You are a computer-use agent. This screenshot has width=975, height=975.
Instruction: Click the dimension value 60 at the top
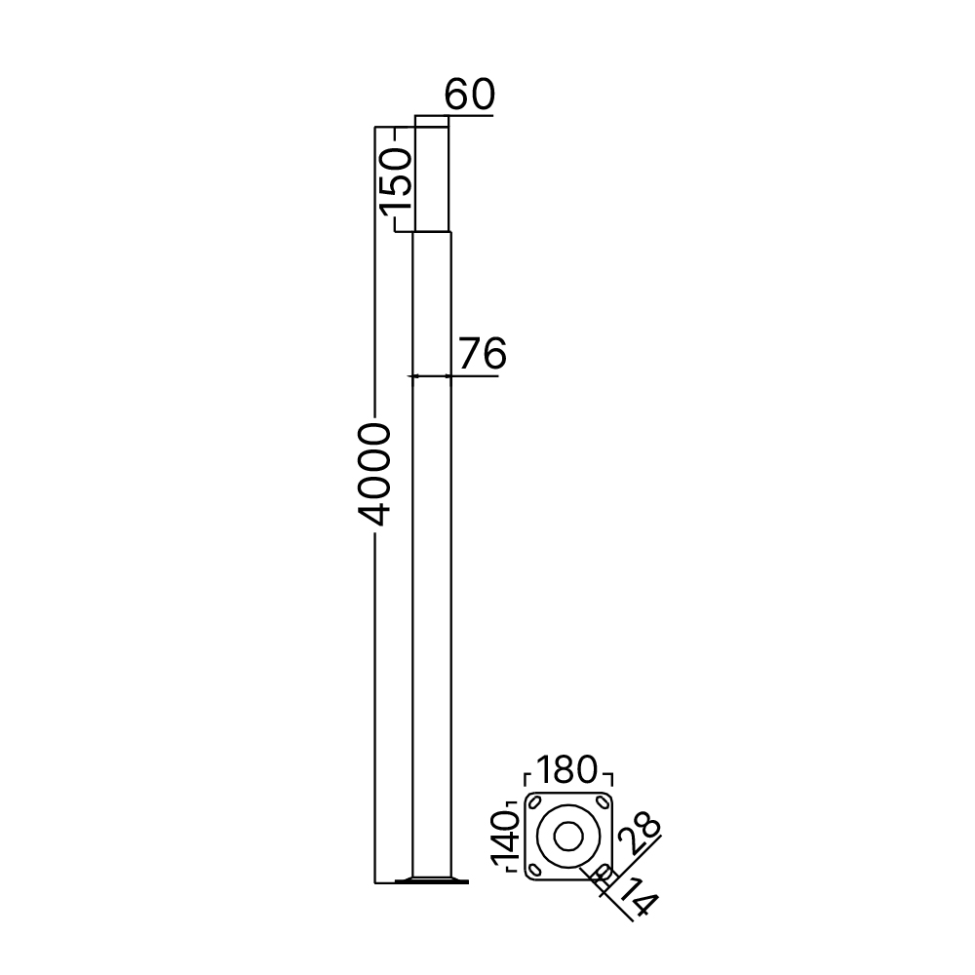pos(470,94)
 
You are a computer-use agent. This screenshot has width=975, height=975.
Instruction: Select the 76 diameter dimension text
pos(483,353)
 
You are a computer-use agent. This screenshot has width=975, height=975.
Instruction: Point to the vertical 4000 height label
pos(374,475)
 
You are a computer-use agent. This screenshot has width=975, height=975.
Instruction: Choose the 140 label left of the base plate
pos(505,840)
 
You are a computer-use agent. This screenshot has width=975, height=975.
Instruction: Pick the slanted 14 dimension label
pos(637,897)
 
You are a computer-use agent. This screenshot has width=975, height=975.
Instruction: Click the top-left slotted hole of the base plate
pos(534,801)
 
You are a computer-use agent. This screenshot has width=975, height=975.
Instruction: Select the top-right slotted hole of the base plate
pos(602,801)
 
